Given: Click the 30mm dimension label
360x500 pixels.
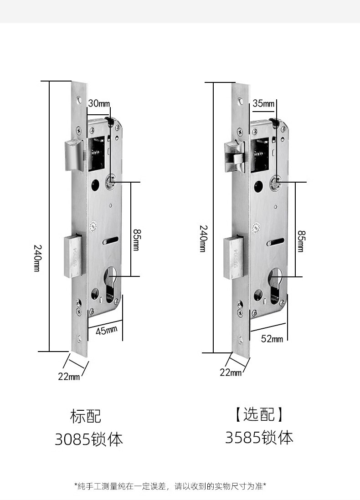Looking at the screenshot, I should pos(99,103).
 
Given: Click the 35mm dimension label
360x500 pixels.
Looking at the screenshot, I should pos(263,103).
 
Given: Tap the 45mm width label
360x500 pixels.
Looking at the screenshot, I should pos(106,330).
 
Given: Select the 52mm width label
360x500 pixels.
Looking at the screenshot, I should pos(272,338).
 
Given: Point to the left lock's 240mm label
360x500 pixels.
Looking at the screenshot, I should pos(37,258).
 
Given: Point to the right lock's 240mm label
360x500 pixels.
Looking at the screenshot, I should pos(203,238).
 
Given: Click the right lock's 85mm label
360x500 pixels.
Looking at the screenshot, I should pos(301,241).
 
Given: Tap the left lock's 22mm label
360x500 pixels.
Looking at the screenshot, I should pos(69,376).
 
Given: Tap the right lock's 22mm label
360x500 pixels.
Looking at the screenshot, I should pos(231,372).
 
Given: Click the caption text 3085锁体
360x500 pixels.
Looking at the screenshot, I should pos(89,439).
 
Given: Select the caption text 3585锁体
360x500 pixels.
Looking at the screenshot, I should pos(259,438).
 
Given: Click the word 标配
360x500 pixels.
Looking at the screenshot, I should pos(86,416).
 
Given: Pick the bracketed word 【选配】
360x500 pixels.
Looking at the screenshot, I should pos(259,414).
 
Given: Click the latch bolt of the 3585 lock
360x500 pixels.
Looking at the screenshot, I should pos(235,153).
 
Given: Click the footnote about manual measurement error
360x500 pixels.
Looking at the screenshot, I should pos(170,486).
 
